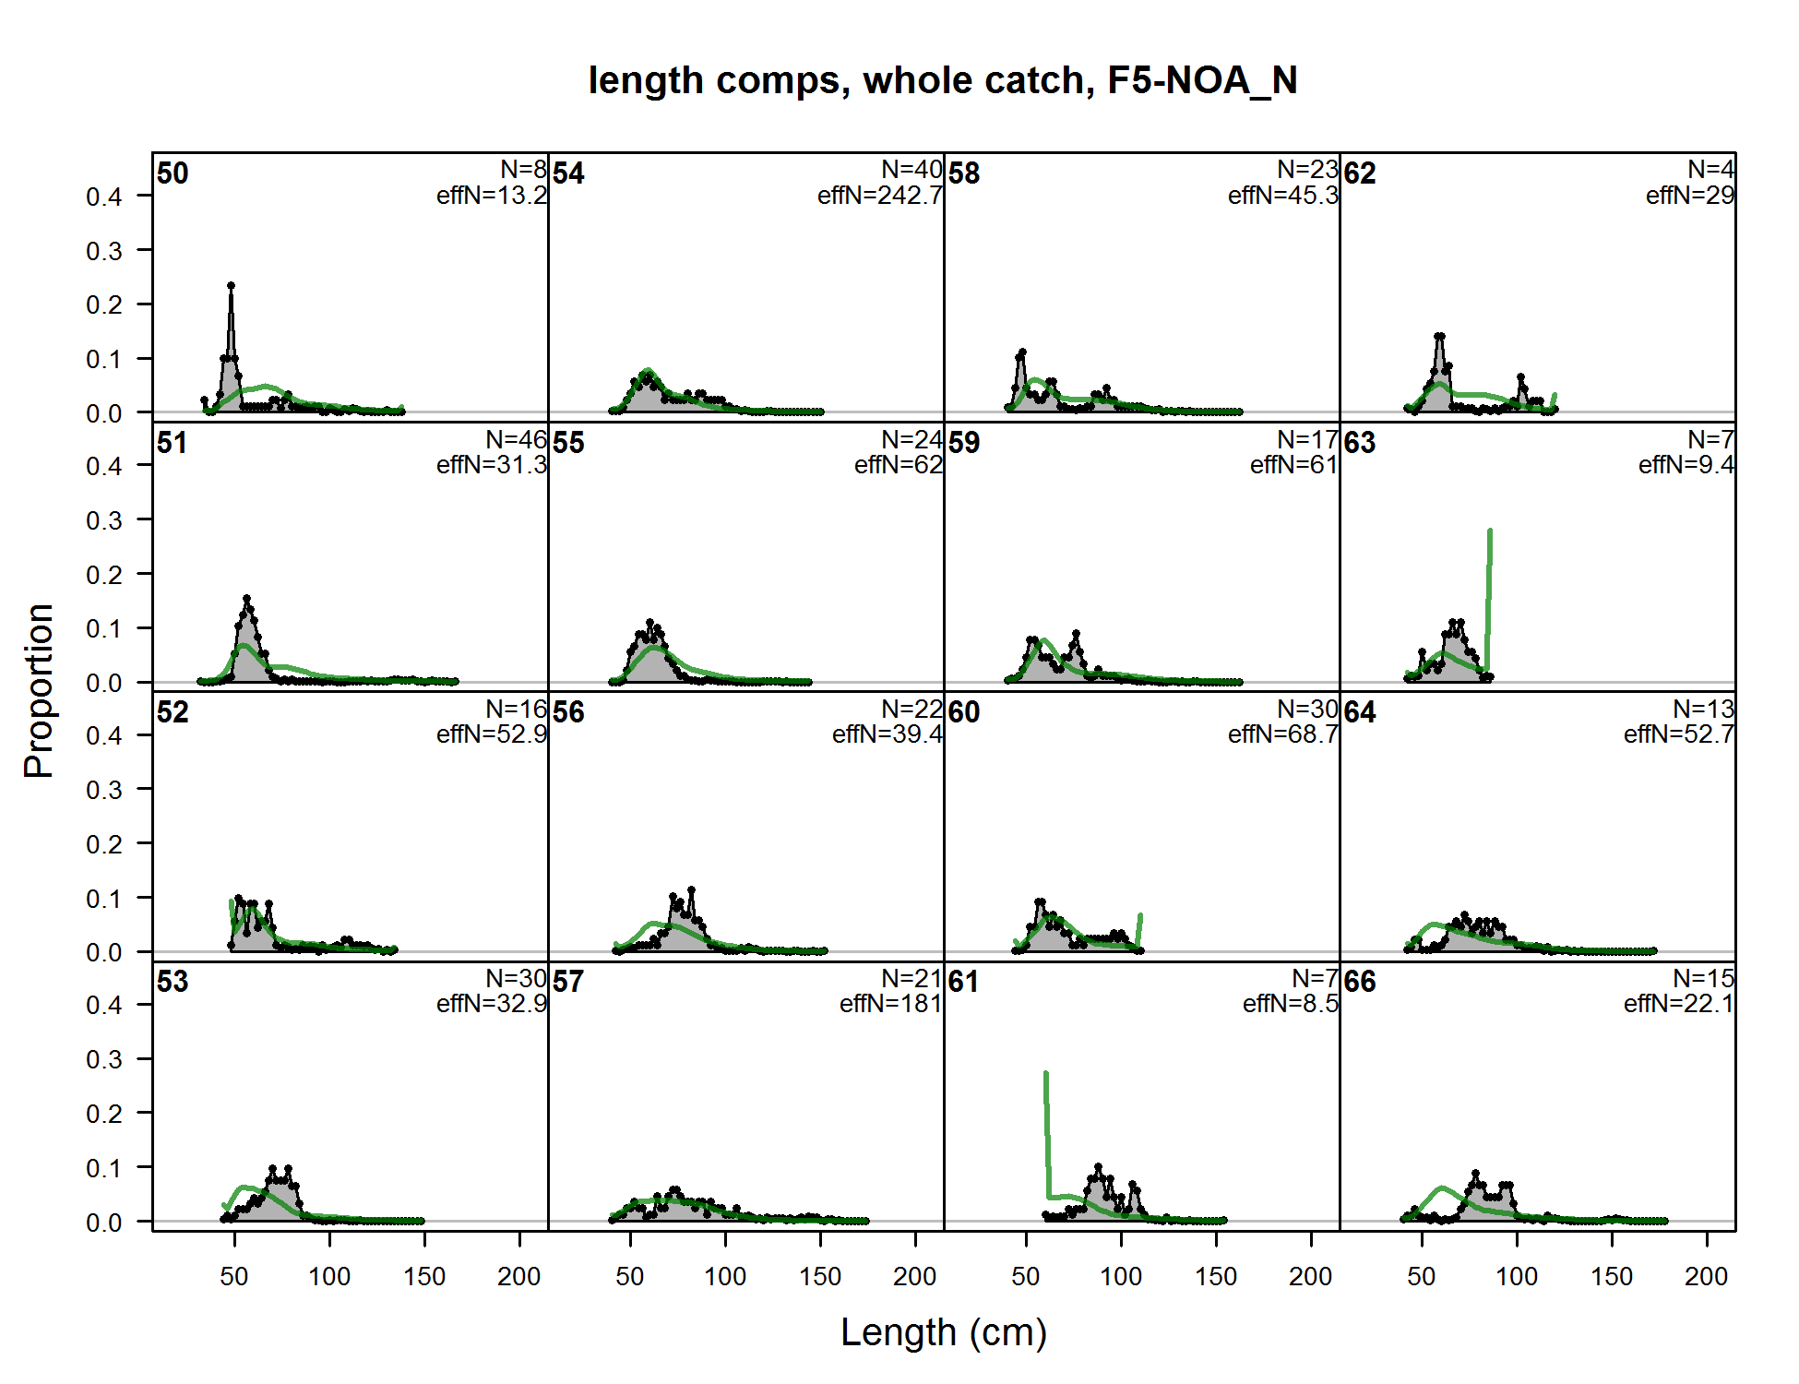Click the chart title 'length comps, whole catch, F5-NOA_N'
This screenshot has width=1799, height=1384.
(943, 80)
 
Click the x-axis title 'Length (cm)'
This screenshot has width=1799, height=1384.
(943, 1332)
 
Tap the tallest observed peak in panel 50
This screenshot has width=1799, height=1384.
(231, 286)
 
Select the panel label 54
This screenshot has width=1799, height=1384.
(568, 173)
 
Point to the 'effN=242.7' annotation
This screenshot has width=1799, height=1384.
(880, 196)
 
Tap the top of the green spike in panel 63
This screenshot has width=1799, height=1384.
(1490, 531)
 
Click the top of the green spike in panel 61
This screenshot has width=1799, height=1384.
(1045, 1073)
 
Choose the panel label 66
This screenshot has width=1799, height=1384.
(1360, 982)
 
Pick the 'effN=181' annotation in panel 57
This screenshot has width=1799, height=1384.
(890, 1004)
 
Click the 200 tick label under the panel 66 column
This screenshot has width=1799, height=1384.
(1706, 1277)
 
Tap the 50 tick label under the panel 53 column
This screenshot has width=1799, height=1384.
(234, 1277)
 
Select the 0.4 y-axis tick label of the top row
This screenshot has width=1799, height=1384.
(103, 197)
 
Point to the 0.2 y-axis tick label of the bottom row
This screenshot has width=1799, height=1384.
(103, 1114)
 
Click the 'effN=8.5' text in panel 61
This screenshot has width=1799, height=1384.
(1290, 1004)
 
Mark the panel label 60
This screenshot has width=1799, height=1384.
(964, 712)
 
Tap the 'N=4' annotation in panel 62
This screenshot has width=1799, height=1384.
(1711, 170)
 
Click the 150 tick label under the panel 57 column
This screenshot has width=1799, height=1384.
(820, 1277)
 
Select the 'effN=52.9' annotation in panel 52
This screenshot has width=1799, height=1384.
(492, 734)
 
